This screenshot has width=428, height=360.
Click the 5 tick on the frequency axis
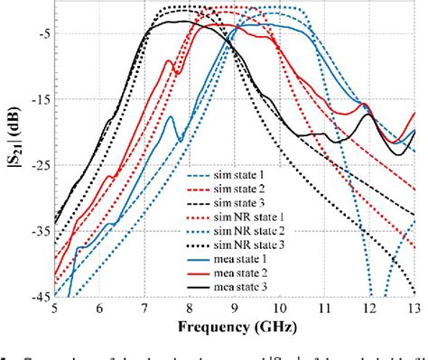[x=54, y=307]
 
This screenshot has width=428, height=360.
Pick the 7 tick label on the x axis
[x=144, y=307]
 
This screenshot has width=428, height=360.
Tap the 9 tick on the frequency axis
[x=235, y=307]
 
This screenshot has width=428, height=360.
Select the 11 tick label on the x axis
[x=325, y=307]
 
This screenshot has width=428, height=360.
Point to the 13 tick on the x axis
[x=414, y=307]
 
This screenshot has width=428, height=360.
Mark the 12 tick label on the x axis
[x=370, y=307]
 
